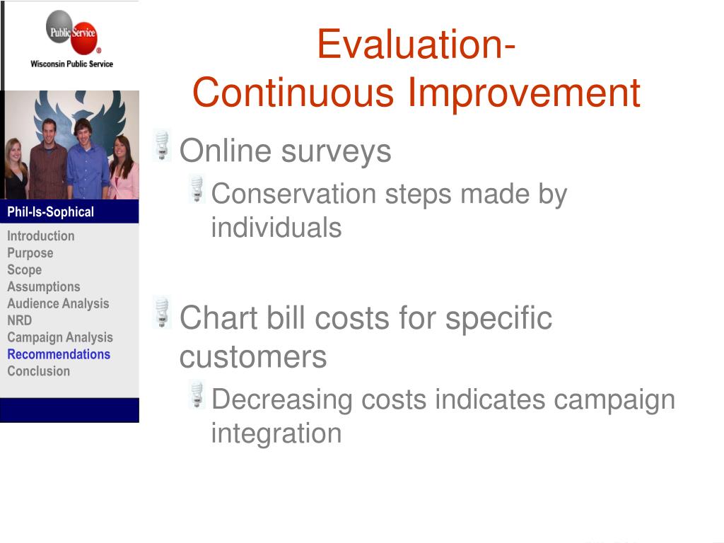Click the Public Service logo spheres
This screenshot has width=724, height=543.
(71, 33)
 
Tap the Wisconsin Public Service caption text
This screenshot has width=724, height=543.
(71, 64)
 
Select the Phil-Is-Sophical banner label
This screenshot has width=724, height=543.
(50, 212)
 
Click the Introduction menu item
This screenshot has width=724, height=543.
(40, 236)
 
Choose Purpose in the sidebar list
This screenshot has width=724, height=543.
(30, 253)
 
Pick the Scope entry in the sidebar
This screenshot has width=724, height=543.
(25, 269)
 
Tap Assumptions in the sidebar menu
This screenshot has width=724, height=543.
(43, 287)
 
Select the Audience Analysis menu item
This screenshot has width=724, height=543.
(58, 303)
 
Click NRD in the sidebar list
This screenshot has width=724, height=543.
(19, 320)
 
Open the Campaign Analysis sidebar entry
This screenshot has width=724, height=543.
(60, 337)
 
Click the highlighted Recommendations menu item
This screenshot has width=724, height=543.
(59, 354)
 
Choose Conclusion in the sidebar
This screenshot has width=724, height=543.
(38, 371)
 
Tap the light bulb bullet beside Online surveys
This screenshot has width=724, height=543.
(162, 146)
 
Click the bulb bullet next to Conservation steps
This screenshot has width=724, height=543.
(197, 188)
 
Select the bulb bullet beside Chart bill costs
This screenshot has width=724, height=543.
(162, 312)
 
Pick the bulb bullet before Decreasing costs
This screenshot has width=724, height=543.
(197, 394)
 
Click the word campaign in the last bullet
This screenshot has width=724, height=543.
(614, 400)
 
